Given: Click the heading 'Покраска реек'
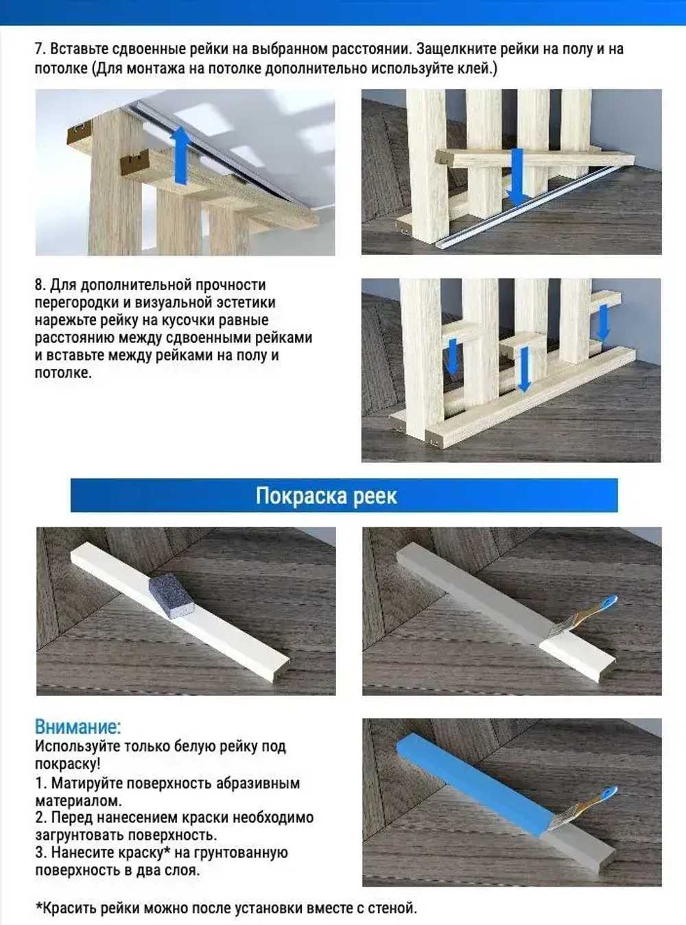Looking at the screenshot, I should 326,496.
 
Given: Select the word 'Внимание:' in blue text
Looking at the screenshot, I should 78,727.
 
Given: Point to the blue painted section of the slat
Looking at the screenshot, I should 473,779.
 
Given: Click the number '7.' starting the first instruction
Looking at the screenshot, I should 40,49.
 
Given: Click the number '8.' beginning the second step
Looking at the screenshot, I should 40,285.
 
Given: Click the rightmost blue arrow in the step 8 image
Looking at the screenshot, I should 603,322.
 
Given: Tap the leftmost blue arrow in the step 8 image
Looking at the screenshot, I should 451,356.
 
